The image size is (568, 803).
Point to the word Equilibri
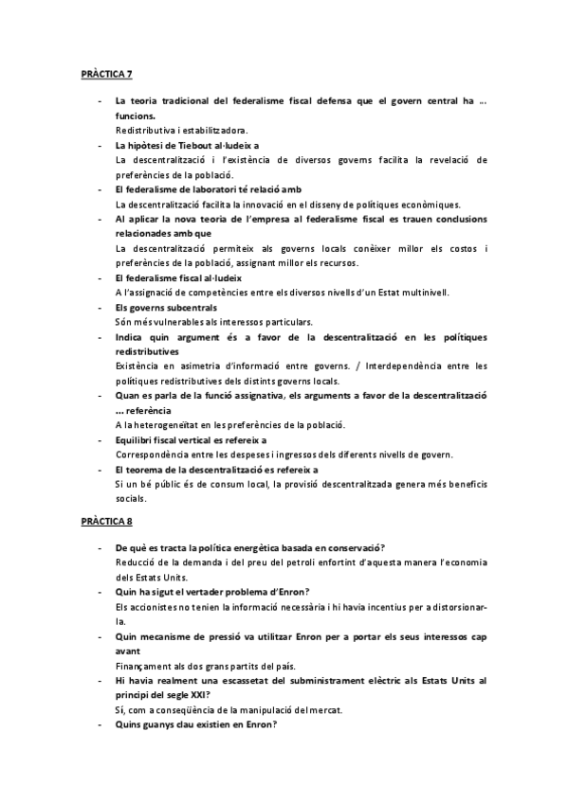(x=136, y=439)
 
